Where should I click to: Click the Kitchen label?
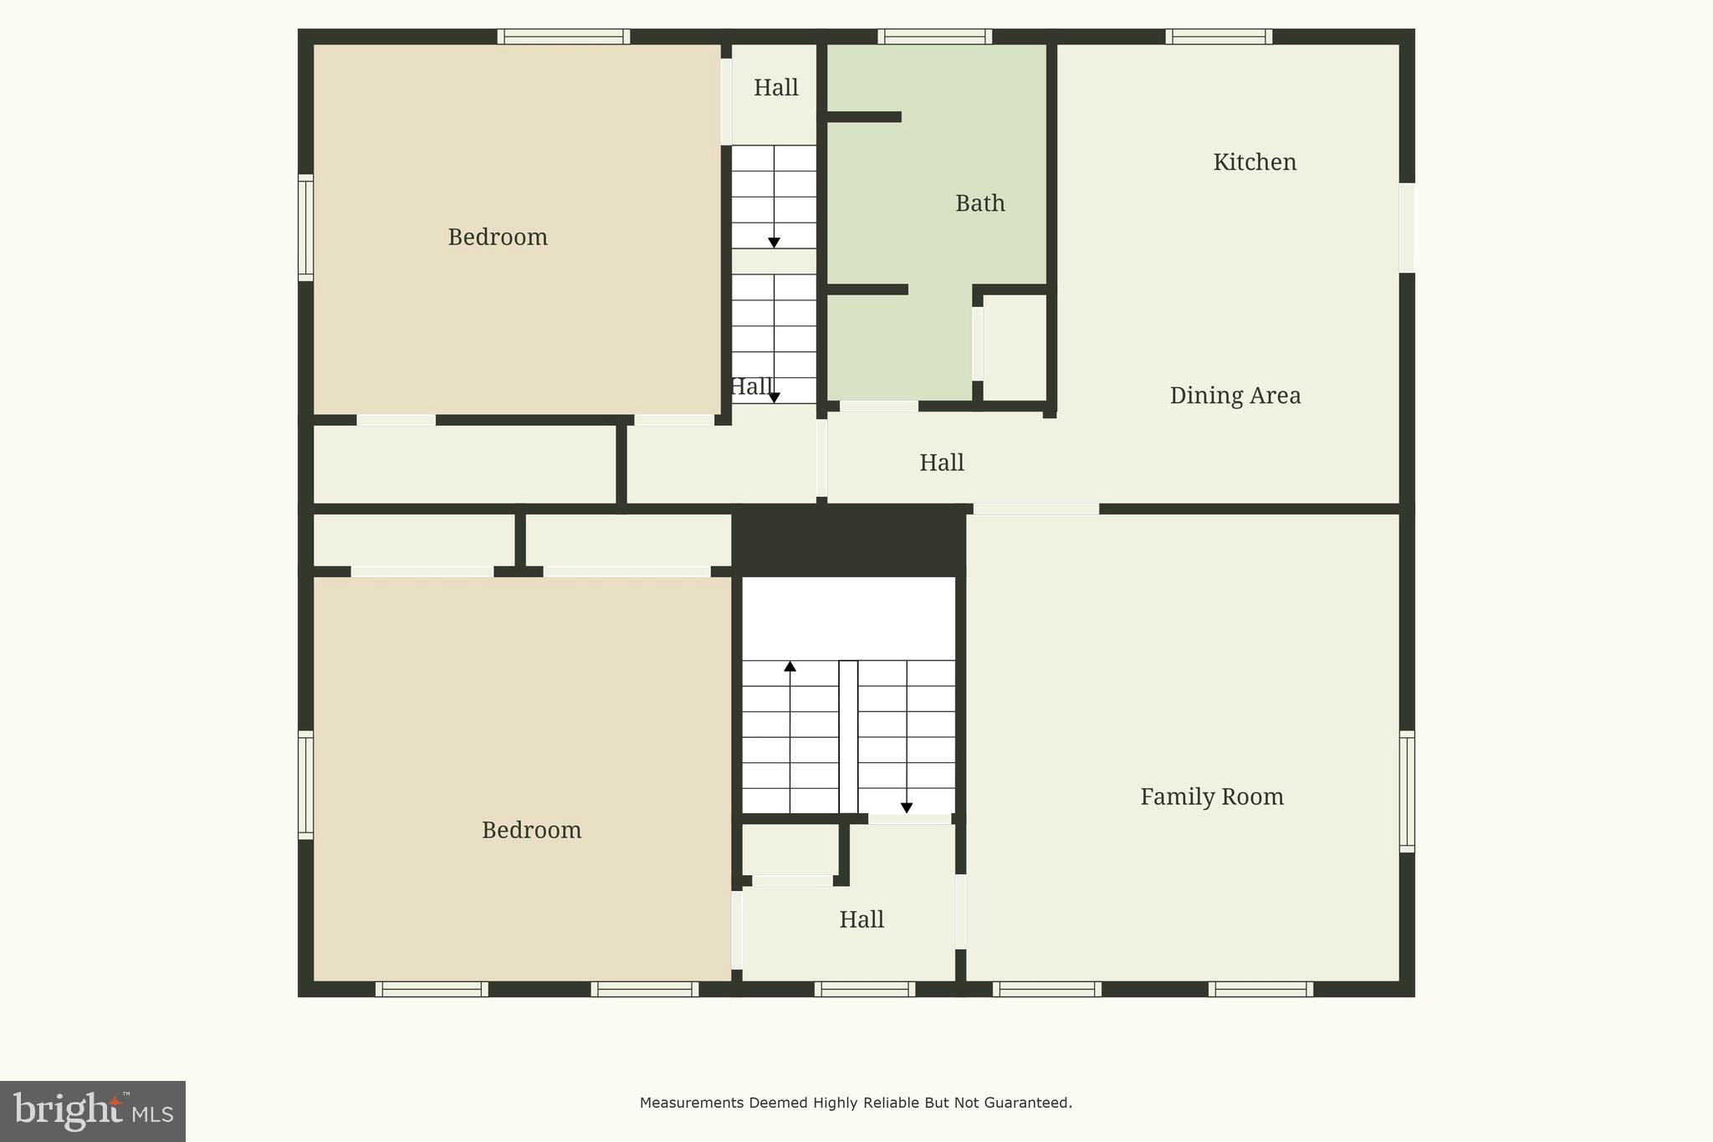click(x=1255, y=162)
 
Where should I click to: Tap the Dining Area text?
click(x=1235, y=396)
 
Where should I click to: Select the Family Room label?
click(x=1212, y=796)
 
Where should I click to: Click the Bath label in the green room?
click(x=980, y=203)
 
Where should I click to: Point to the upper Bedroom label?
click(x=498, y=238)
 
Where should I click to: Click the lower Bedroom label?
click(x=531, y=830)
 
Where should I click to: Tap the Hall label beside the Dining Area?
click(x=942, y=463)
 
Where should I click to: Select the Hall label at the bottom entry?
click(x=862, y=919)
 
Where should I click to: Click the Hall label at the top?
click(x=775, y=88)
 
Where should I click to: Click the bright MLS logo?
click(x=93, y=1111)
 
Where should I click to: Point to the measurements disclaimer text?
click(x=856, y=1103)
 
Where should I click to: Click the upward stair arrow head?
click(x=790, y=667)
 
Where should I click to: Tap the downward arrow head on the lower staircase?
click(x=907, y=807)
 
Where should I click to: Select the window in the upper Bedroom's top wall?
click(x=563, y=37)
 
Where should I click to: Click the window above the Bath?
click(x=934, y=37)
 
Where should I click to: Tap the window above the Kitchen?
click(x=1219, y=37)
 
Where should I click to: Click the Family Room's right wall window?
click(x=1407, y=791)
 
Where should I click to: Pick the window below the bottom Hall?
click(x=865, y=989)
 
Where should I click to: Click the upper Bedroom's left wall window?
click(x=306, y=228)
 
